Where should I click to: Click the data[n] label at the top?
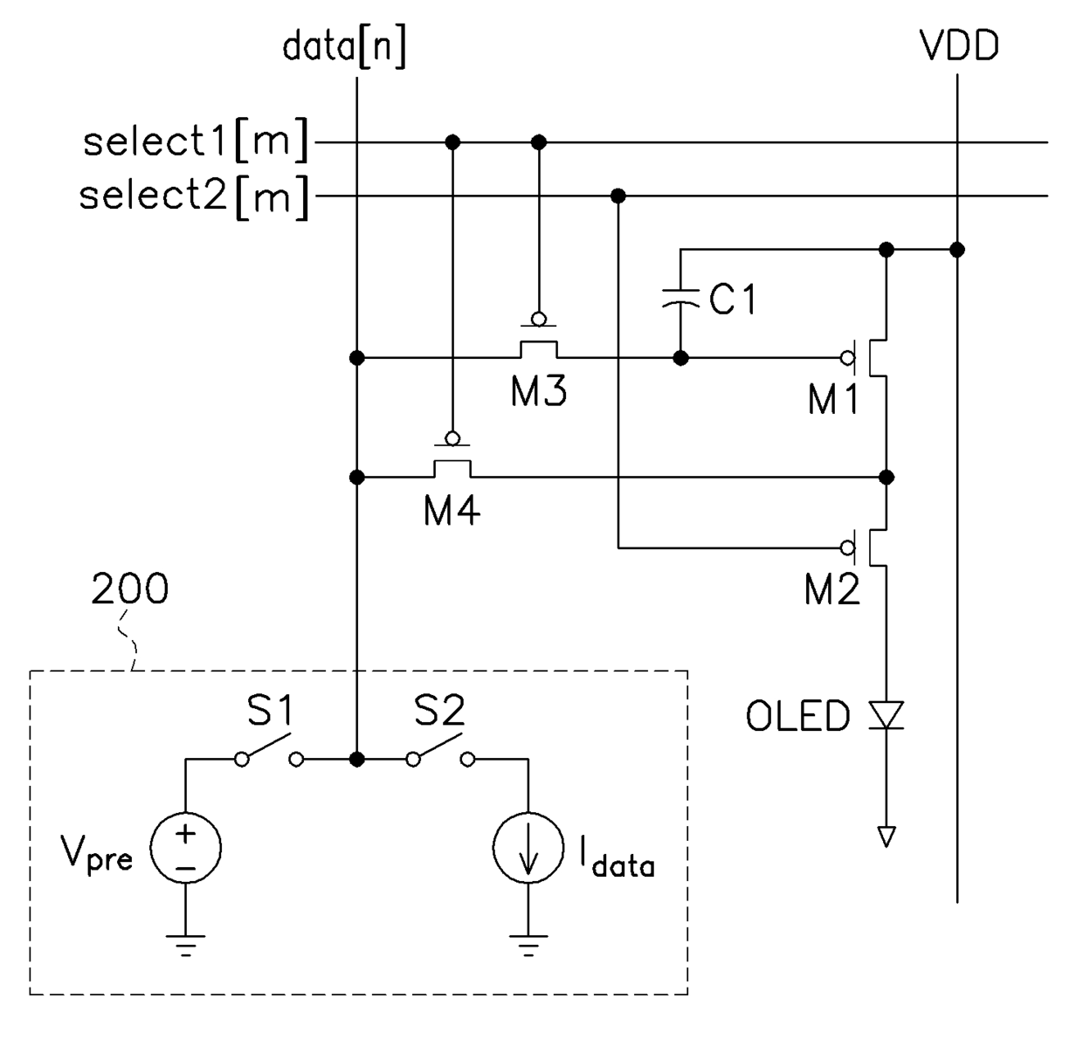pyautogui.click(x=344, y=47)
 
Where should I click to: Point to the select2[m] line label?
pyautogui.click(x=194, y=197)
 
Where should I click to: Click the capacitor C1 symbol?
pyautogui.click(x=680, y=297)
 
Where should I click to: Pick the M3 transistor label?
pyautogui.click(x=539, y=390)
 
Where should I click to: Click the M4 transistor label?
pyautogui.click(x=452, y=510)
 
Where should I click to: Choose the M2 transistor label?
pyautogui.click(x=832, y=589)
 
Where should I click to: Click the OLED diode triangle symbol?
pyautogui.click(x=886, y=714)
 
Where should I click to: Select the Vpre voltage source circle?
pyautogui.click(x=185, y=848)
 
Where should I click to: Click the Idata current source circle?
pyautogui.click(x=528, y=848)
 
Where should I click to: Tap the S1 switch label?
pyautogui.click(x=270, y=711)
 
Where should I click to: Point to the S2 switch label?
pyautogui.click(x=439, y=711)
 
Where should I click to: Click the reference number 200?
pyautogui.click(x=129, y=589)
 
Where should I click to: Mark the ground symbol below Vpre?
pyautogui.click(x=185, y=946)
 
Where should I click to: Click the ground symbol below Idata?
pyautogui.click(x=528, y=946)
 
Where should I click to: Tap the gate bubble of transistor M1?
pyautogui.click(x=847, y=358)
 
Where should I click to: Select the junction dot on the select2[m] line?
pyautogui.click(x=617, y=196)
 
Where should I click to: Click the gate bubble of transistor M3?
pyautogui.click(x=538, y=319)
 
